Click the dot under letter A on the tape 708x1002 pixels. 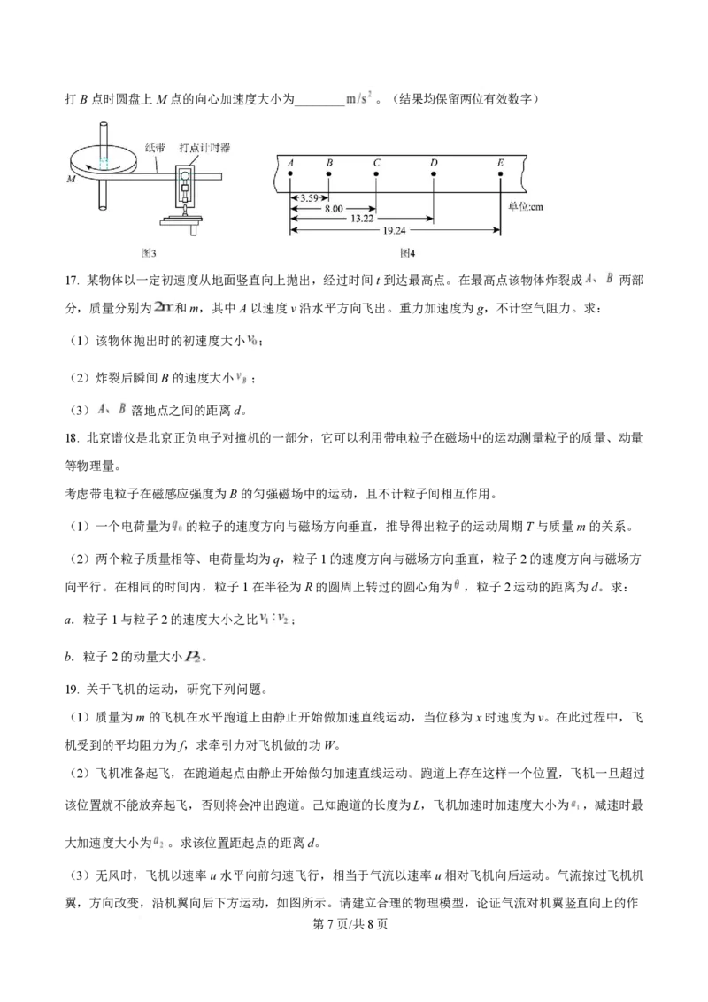pos(290,174)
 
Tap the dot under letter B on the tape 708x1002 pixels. pos(329,174)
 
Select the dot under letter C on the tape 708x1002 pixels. pos(377,174)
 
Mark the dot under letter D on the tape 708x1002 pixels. pos(434,174)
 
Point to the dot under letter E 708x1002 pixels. pos(501,174)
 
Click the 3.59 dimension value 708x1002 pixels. pos(309,197)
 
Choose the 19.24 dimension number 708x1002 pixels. pos(395,229)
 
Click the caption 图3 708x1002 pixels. pos(150,253)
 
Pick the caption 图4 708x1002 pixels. pos(408,253)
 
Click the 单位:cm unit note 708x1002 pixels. pos(525,206)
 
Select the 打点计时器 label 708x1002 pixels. pos(204,148)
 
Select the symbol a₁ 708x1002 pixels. pos(575,805)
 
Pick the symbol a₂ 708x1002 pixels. pos(159,842)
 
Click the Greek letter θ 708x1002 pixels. pos(457,585)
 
